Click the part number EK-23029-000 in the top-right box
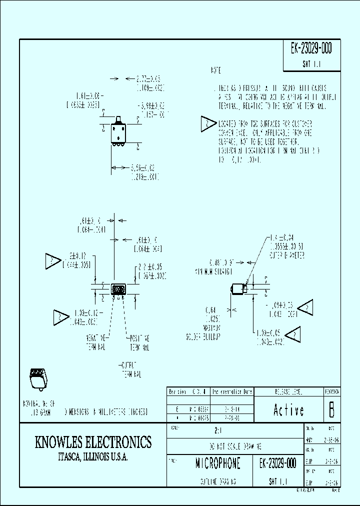pyautogui.click(x=311, y=49)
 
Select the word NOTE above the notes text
pyautogui.click(x=215, y=71)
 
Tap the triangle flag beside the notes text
pyautogui.click(x=207, y=124)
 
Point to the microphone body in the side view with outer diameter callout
pyautogui.click(x=238, y=289)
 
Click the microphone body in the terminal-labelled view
pyautogui.click(x=118, y=289)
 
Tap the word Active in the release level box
pyautogui.click(x=288, y=410)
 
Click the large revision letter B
pyautogui.click(x=331, y=410)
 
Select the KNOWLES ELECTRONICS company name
pyautogui.click(x=93, y=442)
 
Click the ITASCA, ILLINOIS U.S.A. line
pyautogui.click(x=93, y=457)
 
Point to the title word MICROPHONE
pyautogui.click(x=218, y=463)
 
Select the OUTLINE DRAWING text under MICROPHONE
pyautogui.click(x=218, y=482)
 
